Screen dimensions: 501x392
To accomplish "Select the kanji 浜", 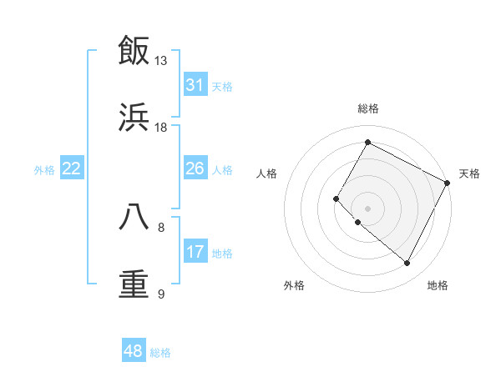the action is (x=134, y=118).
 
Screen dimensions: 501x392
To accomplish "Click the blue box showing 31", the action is (x=195, y=85).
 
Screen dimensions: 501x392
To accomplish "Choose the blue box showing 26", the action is (x=195, y=168).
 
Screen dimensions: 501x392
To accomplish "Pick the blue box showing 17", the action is (x=195, y=252).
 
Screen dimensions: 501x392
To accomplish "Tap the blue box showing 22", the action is (x=71, y=168).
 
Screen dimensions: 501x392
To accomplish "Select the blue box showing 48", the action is (x=134, y=351).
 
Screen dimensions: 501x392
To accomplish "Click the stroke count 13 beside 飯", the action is (x=161, y=61).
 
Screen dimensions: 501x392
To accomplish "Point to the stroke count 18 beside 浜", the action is (x=161, y=128).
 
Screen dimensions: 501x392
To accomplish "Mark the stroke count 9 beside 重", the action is (x=161, y=294).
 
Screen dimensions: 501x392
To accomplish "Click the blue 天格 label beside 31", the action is (x=222, y=87).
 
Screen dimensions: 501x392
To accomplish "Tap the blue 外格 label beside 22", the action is (x=44, y=170).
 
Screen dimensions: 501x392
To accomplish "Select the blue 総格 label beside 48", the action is (x=160, y=353).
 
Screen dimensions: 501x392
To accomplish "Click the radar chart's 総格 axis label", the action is (x=368, y=108).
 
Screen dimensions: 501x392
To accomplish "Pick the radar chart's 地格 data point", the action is (x=407, y=264).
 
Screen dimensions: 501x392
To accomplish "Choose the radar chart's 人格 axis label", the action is (x=267, y=173).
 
